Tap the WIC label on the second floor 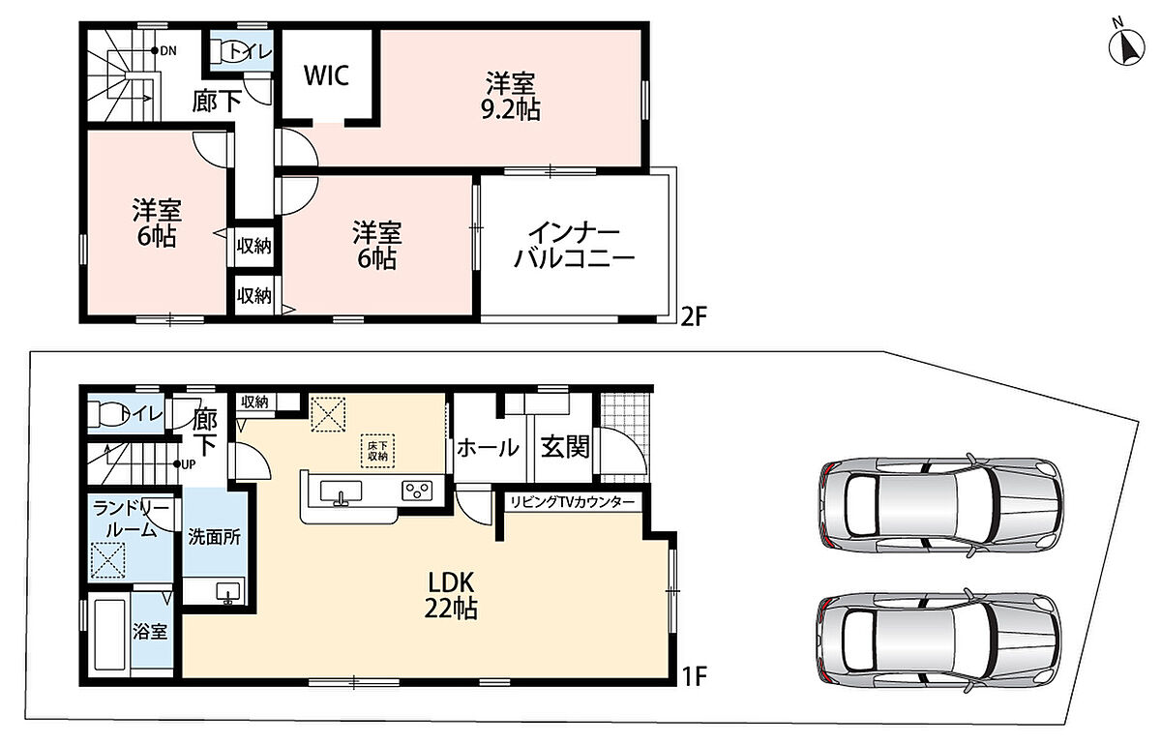coord(326,75)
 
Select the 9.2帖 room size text coord(511,109)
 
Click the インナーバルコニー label coord(575,245)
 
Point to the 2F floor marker coord(694,316)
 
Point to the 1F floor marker coord(694,676)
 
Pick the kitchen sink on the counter coord(341,492)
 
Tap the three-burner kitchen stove coord(417,491)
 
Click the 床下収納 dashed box coord(378,451)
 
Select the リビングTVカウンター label coord(572,502)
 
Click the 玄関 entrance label coord(565,447)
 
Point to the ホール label coord(488,448)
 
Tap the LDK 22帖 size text coord(451,596)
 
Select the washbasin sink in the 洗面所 coord(228,592)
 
